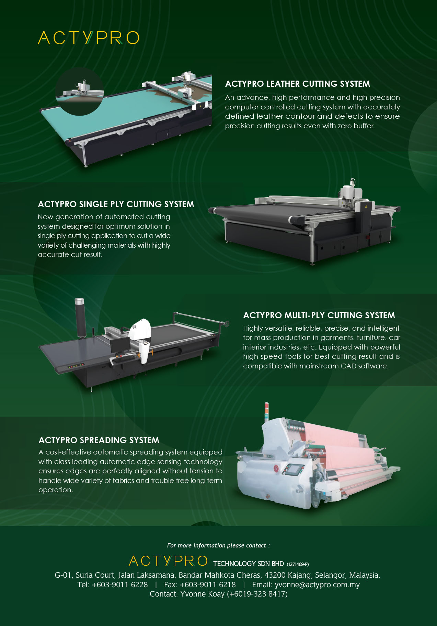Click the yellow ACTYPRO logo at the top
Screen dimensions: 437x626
(x=89, y=38)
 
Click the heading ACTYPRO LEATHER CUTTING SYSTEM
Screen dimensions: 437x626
(x=297, y=84)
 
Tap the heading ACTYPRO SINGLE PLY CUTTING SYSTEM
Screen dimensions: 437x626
(x=116, y=204)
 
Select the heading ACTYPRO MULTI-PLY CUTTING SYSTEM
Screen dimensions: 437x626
(x=319, y=316)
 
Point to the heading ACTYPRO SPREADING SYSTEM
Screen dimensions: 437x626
(x=99, y=440)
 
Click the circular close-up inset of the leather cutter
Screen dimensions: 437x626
(x=80, y=92)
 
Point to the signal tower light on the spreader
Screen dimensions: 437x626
(x=266, y=412)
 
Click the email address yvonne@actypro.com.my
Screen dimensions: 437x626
(x=317, y=585)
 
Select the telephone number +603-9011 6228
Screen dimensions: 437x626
(x=120, y=585)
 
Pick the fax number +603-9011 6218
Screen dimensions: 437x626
(x=208, y=585)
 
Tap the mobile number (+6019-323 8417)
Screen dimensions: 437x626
(x=257, y=594)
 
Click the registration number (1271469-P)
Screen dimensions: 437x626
(x=298, y=564)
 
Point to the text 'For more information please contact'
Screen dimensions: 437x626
(x=217, y=545)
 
